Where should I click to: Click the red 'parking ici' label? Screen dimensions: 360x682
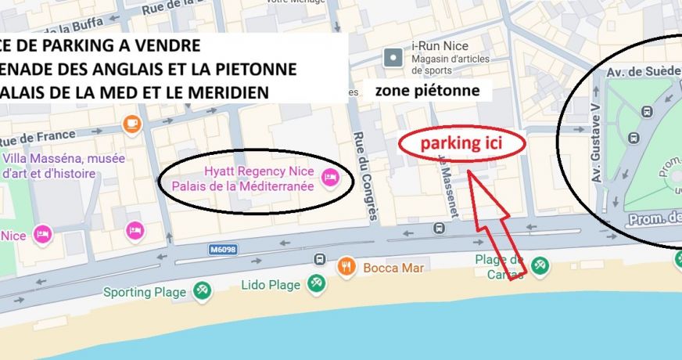tap(461, 144)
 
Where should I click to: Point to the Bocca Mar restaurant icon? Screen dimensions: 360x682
tap(347, 268)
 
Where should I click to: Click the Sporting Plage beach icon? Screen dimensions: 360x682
tap(202, 292)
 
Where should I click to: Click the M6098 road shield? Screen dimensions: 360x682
tap(223, 250)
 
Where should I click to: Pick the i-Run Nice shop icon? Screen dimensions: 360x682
tap(393, 57)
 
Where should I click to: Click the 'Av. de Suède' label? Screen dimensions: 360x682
tap(643, 71)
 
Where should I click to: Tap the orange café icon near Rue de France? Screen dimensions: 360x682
tap(132, 124)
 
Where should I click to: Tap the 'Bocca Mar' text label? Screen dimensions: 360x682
tap(393, 268)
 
